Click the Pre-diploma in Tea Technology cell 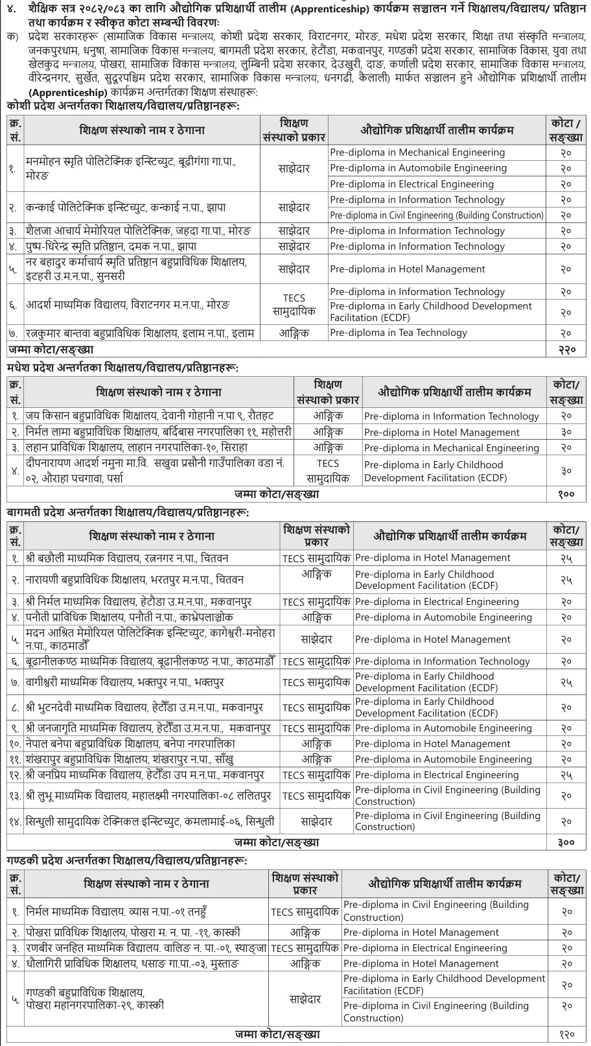[x=399, y=333]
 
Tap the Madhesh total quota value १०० [x=566, y=494]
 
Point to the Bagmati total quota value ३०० [x=566, y=842]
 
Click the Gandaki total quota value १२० [x=566, y=1035]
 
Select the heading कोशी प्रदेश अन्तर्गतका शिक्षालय [x=122, y=104]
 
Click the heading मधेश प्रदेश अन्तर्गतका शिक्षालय [x=122, y=368]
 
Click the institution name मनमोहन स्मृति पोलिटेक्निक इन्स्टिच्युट [x=130, y=161]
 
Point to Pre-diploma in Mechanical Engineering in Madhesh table [x=451, y=447]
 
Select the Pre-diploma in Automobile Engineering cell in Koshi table [x=418, y=168]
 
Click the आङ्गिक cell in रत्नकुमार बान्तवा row [x=294, y=333]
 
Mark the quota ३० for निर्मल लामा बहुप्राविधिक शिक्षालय [x=566, y=432]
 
